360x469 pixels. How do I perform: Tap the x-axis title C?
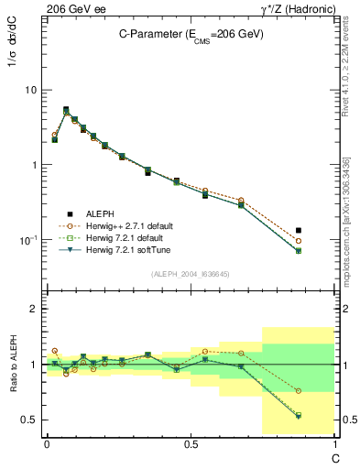(333, 455)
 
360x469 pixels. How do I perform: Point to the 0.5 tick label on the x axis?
(191, 443)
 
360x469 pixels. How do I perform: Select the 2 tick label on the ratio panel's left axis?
(34, 309)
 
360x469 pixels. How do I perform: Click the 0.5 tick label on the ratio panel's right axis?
(346, 420)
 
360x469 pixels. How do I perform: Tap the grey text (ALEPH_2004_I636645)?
(191, 274)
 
